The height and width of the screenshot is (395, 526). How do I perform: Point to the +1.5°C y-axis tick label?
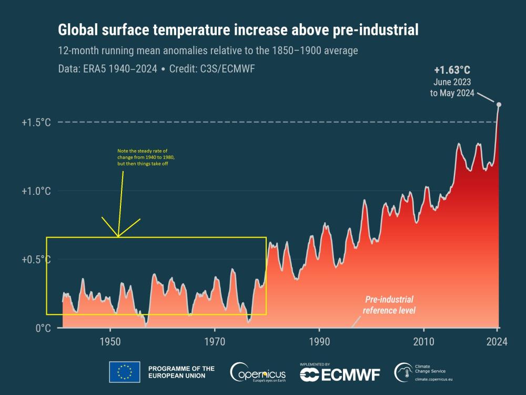[36, 122]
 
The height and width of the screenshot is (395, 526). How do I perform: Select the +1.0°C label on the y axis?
[36, 191]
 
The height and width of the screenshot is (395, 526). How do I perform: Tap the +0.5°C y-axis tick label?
[36, 260]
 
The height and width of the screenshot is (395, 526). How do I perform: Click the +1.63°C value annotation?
[452, 70]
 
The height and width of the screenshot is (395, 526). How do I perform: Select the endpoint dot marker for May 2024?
[499, 104]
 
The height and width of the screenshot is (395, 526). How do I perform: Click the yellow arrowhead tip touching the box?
[118, 236]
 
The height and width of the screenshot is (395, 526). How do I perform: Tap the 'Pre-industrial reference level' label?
[389, 305]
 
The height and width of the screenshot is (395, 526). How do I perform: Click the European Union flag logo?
[124, 372]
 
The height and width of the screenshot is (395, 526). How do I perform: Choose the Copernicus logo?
[257, 372]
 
